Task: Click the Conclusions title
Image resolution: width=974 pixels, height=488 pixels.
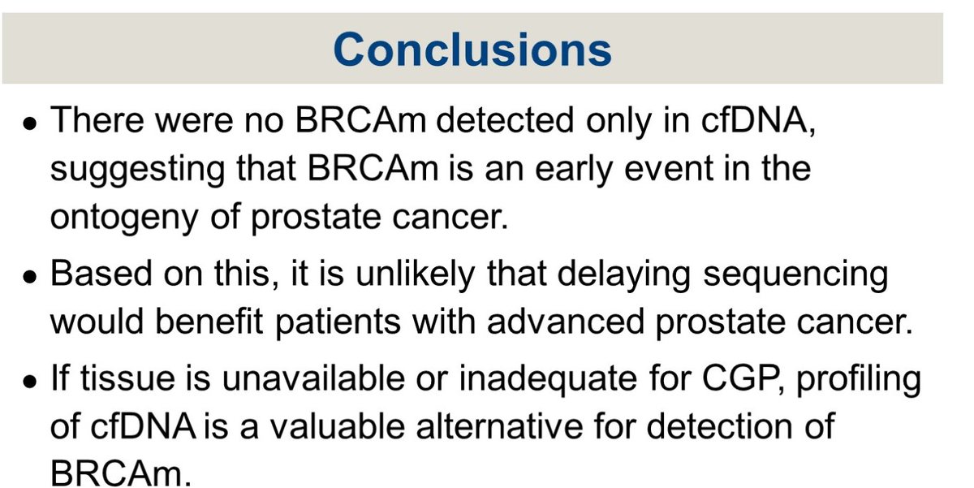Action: pyautogui.click(x=472, y=50)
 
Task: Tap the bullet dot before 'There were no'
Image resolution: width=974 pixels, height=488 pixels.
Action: pyautogui.click(x=30, y=123)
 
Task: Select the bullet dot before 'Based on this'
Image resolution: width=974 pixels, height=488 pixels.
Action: pyautogui.click(x=30, y=277)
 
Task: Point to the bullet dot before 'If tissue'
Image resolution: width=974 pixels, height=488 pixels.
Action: pyautogui.click(x=30, y=382)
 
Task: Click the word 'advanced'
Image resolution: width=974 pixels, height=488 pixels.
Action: pyautogui.click(x=565, y=322)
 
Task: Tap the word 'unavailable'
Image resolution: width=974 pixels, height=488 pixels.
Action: pyautogui.click(x=313, y=378)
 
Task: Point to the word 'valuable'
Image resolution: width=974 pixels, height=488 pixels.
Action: pyautogui.click(x=338, y=426)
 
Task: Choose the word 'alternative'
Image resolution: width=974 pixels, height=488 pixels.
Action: pyautogui.click(x=499, y=426)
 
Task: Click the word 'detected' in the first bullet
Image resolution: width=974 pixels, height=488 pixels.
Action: pyautogui.click(x=505, y=120)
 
